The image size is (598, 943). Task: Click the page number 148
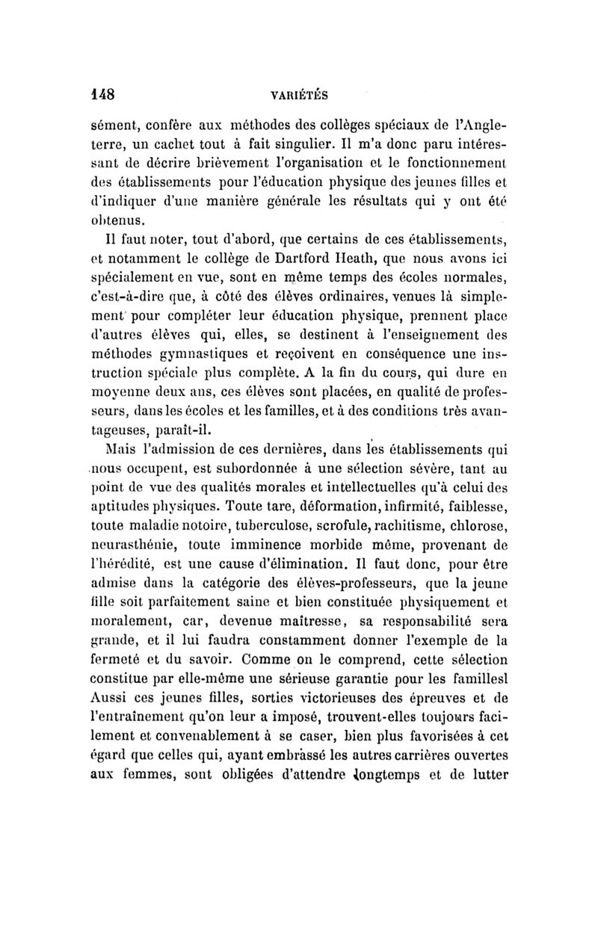pyautogui.click(x=97, y=95)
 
